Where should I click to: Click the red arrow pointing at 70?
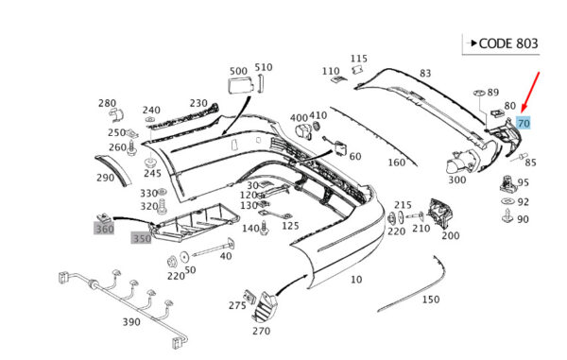tap(530, 93)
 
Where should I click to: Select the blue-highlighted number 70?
tap(524, 124)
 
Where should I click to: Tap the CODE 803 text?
tap(508, 43)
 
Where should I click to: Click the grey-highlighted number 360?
tap(104, 229)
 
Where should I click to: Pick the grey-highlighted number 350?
tap(142, 238)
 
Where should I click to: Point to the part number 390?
tap(131, 321)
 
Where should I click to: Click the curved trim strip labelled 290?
tap(112, 169)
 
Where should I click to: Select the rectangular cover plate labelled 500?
tap(239, 86)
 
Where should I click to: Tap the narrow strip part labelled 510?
tap(260, 83)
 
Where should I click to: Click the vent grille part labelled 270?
tap(264, 307)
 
